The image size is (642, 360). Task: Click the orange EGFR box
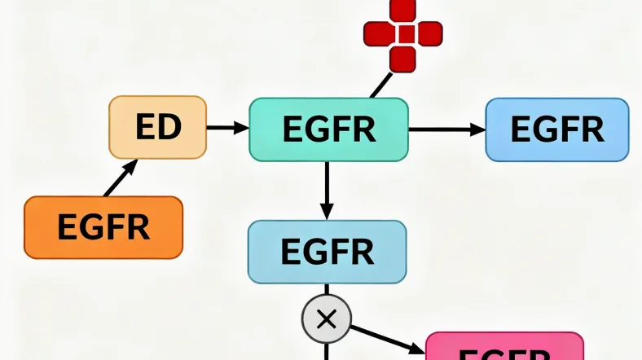(103, 227)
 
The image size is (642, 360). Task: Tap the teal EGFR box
(328, 129)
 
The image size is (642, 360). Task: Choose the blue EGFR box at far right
(557, 129)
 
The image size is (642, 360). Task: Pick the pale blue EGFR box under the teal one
(327, 252)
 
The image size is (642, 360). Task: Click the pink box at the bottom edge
(504, 348)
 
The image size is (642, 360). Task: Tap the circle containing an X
(326, 318)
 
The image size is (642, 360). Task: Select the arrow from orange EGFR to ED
(121, 178)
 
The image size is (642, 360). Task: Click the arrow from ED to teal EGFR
(228, 127)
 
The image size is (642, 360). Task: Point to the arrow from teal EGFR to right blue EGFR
(446, 129)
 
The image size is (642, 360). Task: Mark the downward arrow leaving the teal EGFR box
(327, 190)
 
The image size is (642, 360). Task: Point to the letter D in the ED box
(169, 127)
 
